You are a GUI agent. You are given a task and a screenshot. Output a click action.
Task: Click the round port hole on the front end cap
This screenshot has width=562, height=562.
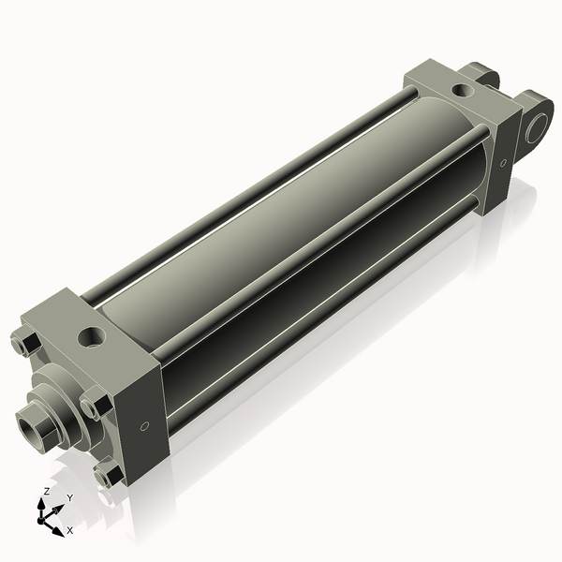pos(93,336)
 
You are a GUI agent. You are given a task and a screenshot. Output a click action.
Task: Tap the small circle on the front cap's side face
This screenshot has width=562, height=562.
pos(144,426)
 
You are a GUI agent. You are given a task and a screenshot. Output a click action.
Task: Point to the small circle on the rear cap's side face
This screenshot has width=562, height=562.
pos(503,163)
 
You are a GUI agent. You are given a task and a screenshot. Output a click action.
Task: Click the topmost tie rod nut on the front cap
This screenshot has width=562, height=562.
pos(25,344)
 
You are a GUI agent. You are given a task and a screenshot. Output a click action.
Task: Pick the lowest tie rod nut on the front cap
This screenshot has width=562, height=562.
pos(109,476)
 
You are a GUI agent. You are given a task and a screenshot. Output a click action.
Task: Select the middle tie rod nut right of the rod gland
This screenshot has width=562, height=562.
pos(95,407)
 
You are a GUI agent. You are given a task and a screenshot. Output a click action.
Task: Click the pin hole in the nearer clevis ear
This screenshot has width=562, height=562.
pos(538,127)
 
